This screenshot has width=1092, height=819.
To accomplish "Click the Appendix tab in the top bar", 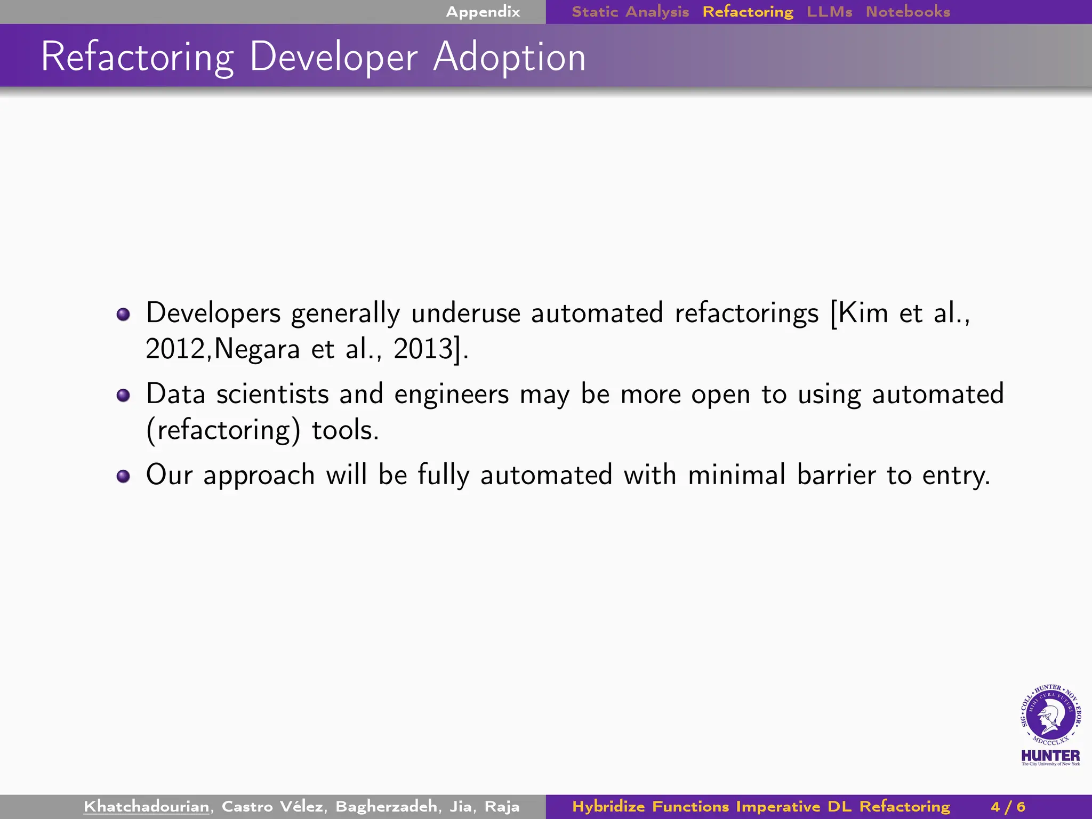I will point(483,12).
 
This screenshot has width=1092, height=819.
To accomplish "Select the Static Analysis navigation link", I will point(630,12).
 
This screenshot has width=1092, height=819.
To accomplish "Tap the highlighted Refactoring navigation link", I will point(748,12).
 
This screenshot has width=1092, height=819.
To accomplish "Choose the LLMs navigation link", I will point(829,12).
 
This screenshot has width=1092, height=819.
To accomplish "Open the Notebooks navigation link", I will point(908,12).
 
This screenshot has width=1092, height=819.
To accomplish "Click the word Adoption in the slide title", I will point(509,57).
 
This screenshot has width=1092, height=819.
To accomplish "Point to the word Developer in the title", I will point(333,57).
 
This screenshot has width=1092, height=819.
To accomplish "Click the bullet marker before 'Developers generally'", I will point(123,314).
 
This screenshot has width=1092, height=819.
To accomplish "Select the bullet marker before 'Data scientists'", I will point(123,395).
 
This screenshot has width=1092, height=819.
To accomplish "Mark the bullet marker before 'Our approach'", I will point(123,476).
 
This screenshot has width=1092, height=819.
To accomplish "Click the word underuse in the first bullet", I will point(465,313).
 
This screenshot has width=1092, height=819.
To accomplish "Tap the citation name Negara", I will point(257,349).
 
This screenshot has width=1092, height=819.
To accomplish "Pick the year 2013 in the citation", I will point(423,349).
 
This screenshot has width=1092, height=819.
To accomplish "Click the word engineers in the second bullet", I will point(452,395).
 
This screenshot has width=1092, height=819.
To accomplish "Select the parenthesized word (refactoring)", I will point(223,430).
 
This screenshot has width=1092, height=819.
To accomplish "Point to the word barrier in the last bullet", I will point(836,475).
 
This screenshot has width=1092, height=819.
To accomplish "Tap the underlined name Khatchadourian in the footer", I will point(146,806).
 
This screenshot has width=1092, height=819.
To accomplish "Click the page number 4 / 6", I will point(1008,806).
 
